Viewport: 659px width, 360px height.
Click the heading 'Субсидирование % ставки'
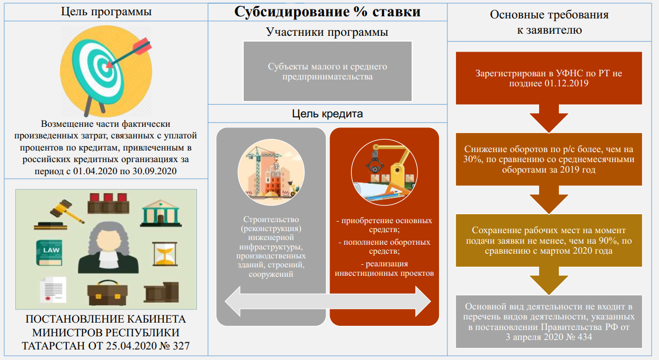pyautogui.click(x=327, y=12)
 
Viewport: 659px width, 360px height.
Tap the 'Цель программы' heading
pyautogui.click(x=106, y=12)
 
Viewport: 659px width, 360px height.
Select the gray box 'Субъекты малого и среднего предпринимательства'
pyautogui.click(x=327, y=71)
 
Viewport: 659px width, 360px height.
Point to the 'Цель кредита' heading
pyautogui.click(x=327, y=114)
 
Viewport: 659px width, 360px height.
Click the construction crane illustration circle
pyautogui.click(x=271, y=172)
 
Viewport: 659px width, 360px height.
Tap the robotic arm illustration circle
pyautogui.click(x=384, y=172)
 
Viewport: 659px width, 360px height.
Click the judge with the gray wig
pyautogui.click(x=108, y=248)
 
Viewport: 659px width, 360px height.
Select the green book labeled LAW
pyautogui.click(x=49, y=253)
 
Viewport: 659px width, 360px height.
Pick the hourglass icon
pyautogui.click(x=165, y=254)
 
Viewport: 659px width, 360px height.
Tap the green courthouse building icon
pyautogui.click(x=161, y=213)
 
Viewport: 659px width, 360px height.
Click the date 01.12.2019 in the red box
pyautogui.click(x=566, y=84)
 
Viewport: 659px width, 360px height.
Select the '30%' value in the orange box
pyautogui.click(x=472, y=159)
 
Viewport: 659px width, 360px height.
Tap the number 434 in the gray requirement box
pyautogui.click(x=583, y=337)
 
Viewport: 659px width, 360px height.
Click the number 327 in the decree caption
pyautogui.click(x=181, y=346)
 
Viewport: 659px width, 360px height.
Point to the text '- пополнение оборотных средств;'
pyautogui.click(x=384, y=246)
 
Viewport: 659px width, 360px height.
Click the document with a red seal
pyautogui.click(x=53, y=289)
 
